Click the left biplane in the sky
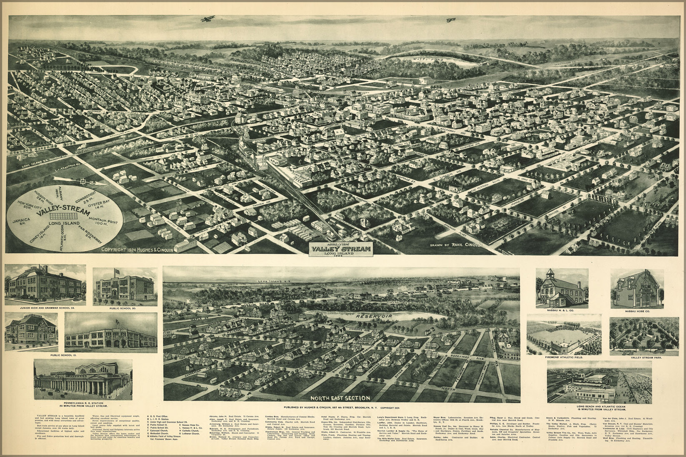click(x=207, y=19)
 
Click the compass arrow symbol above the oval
click(x=85, y=181)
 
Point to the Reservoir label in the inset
click(x=370, y=317)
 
